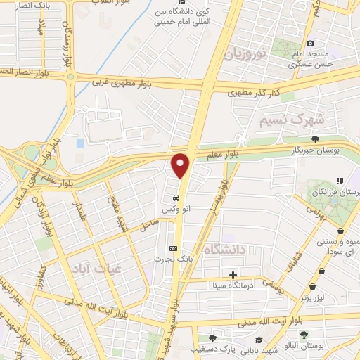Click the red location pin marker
pyautogui.click(x=181, y=165)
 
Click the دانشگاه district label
pyautogui.click(x=226, y=248)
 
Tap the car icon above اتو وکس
pyautogui.click(x=174, y=198)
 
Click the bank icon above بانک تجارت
pyautogui.click(x=174, y=247)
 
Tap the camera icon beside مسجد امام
pyautogui.click(x=311, y=43)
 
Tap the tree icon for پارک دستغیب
pyautogui.click(x=212, y=337)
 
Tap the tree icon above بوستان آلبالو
pyautogui.click(x=304, y=335)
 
